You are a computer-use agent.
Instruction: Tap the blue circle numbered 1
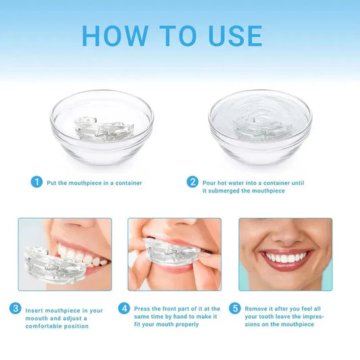click(x=36, y=182)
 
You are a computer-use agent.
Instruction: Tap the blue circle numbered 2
click(x=192, y=182)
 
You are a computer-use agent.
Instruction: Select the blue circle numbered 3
click(x=15, y=308)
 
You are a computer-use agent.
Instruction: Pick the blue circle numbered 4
click(x=124, y=308)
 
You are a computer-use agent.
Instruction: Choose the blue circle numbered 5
click(x=234, y=308)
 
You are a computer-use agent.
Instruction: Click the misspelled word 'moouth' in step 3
click(x=38, y=318)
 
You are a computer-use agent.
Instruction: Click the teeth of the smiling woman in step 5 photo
click(x=286, y=257)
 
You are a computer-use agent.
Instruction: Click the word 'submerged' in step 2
click(x=227, y=191)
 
